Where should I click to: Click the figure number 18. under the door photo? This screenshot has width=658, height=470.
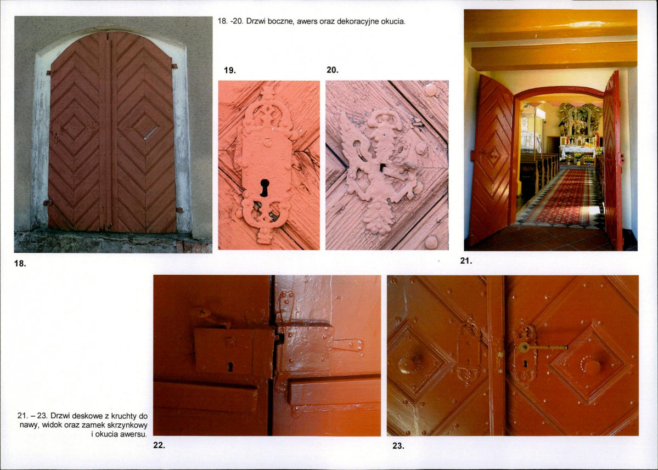[20, 264]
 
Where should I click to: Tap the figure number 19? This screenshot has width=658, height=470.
[229, 70]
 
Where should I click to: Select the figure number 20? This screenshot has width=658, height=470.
[333, 70]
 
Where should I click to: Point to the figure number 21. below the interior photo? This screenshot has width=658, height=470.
[466, 261]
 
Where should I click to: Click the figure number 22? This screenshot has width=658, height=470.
[159, 446]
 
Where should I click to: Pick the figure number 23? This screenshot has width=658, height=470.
[398, 446]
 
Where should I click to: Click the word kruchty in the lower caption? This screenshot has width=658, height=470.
[122, 416]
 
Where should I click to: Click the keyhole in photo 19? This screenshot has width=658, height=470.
[265, 188]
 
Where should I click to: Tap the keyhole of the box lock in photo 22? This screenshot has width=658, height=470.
[230, 366]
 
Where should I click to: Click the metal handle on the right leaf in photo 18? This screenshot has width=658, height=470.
[150, 133]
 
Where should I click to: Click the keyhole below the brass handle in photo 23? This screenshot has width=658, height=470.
[525, 365]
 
